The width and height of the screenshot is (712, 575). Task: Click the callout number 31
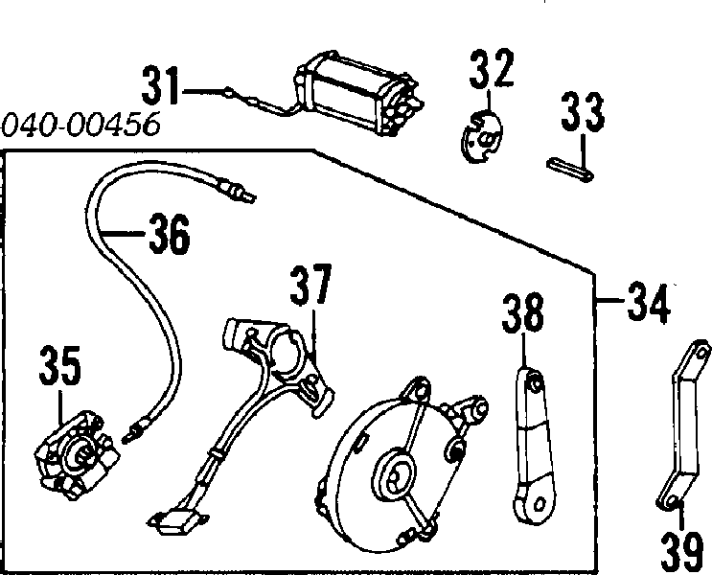pyautogui.click(x=160, y=86)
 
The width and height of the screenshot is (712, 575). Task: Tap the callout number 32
pyautogui.click(x=492, y=68)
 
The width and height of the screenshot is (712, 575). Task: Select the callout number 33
pyautogui.click(x=583, y=112)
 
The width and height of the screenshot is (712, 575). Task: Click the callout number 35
pyautogui.click(x=60, y=366)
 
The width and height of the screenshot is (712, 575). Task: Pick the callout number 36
pyautogui.click(x=170, y=234)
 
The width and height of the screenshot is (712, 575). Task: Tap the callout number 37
pyautogui.click(x=311, y=285)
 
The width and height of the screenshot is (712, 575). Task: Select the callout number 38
pyautogui.click(x=522, y=313)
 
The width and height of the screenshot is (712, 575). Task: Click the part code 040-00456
pyautogui.click(x=80, y=124)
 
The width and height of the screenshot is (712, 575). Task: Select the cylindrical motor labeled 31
pyautogui.click(x=358, y=93)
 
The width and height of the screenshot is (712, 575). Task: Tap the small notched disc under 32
pyautogui.click(x=481, y=136)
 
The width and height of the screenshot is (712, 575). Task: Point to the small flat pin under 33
pyautogui.click(x=570, y=170)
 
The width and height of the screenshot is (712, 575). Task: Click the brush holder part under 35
pyautogui.click(x=78, y=455)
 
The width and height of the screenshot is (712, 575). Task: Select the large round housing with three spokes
pyautogui.click(x=400, y=466)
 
